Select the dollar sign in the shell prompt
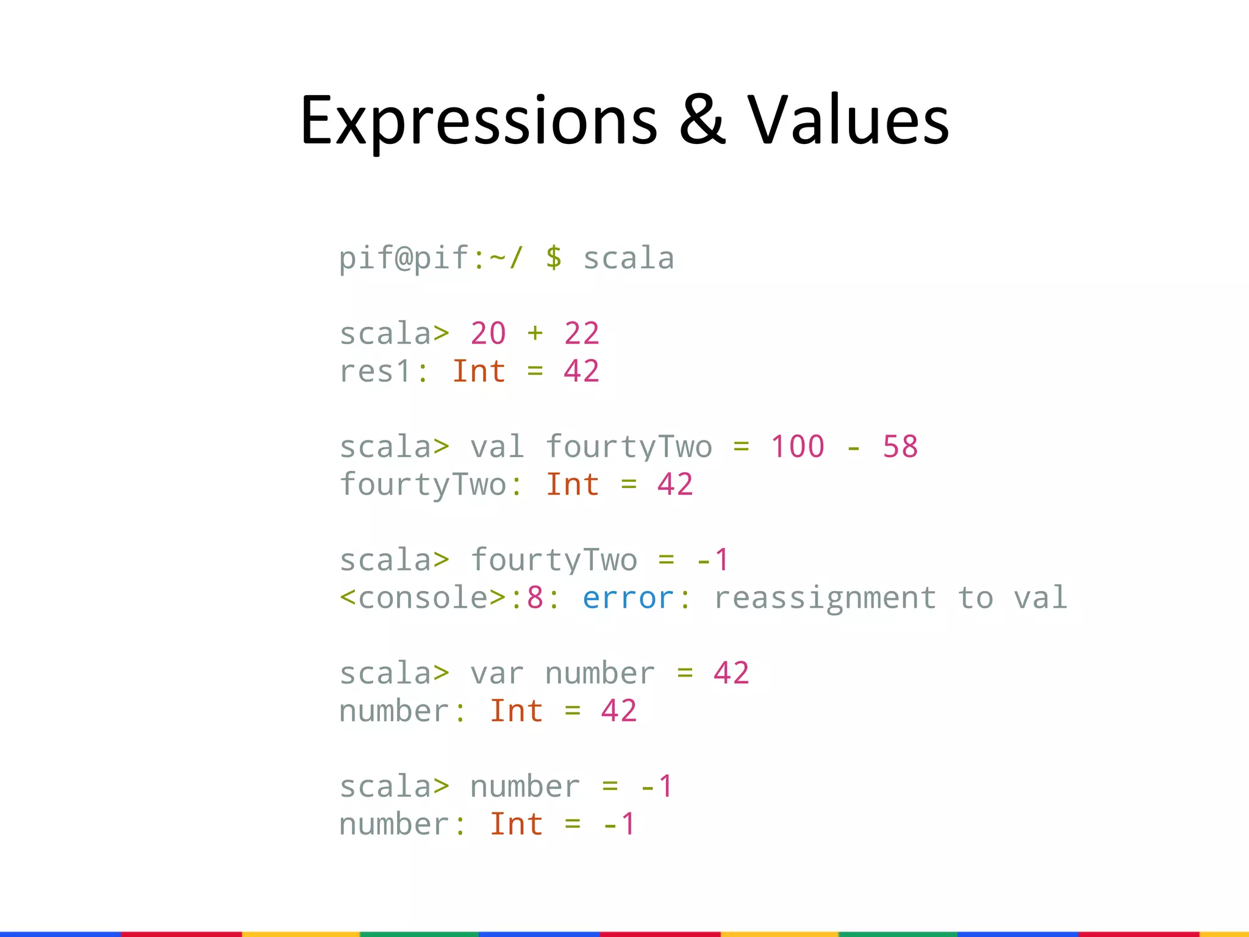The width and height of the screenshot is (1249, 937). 554,257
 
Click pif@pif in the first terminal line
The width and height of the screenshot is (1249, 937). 404,257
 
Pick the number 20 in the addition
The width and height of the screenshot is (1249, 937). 488,334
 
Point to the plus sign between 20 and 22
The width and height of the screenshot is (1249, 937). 535,334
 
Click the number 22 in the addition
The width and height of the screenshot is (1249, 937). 582,334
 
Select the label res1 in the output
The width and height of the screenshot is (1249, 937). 376,372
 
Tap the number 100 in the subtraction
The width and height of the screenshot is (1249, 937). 798,447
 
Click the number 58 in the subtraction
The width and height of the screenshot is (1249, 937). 900,447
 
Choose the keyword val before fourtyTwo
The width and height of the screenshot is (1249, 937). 497,447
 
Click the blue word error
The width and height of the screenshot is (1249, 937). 628,598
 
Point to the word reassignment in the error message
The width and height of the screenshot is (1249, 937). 825,598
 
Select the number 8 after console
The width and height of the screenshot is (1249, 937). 535,598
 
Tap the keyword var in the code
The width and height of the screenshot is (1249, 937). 497,673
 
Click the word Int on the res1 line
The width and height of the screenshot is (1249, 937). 479,372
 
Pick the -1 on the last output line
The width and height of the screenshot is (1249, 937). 619,824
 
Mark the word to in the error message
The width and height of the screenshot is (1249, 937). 975,598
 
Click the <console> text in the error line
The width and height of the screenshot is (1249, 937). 423,598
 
